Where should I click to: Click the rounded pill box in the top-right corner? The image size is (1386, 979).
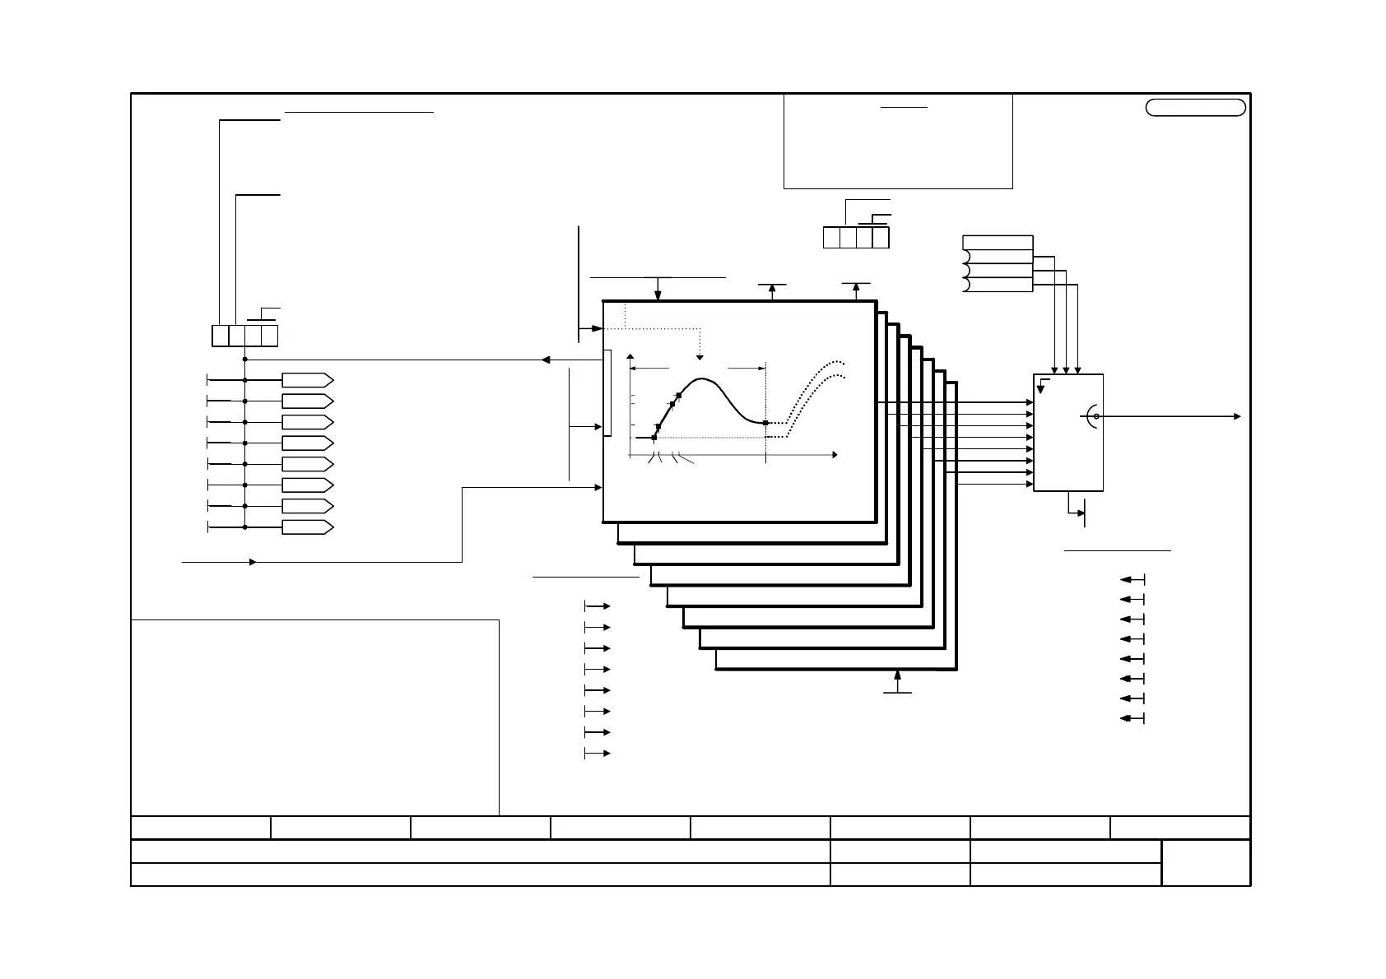(1195, 108)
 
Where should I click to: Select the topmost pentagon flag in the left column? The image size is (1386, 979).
(307, 380)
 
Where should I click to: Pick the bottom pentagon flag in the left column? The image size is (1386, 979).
(307, 527)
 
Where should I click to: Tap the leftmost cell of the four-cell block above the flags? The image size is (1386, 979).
(220, 336)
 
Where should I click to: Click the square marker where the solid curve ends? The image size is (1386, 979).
(765, 423)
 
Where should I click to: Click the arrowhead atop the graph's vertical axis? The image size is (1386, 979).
(630, 358)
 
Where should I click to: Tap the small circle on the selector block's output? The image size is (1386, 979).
(1096, 416)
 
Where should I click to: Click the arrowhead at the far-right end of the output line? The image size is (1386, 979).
(1237, 416)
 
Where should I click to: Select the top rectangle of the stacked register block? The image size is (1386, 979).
(998, 242)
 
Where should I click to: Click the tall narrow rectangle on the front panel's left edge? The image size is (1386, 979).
(607, 392)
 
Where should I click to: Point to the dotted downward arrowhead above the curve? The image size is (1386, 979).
(700, 357)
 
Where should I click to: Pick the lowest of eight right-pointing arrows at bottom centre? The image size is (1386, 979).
(605, 754)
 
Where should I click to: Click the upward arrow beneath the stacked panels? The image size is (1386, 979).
(898, 676)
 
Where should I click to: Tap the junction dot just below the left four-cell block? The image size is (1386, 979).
(245, 360)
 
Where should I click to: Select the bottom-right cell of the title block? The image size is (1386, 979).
(1206, 862)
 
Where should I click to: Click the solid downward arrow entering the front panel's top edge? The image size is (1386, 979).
(658, 296)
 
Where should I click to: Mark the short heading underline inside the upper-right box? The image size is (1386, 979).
(904, 108)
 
